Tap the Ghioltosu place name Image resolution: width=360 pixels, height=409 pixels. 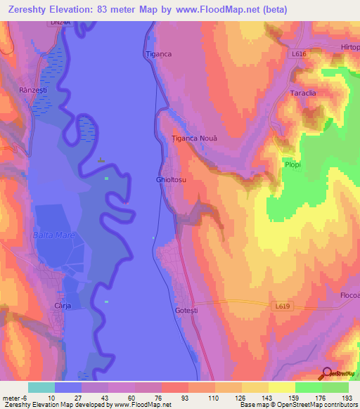(171, 180)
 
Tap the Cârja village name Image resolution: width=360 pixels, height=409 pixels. (64, 306)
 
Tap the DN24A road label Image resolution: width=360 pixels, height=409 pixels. (60, 24)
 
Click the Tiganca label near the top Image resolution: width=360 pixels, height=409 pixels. (158, 53)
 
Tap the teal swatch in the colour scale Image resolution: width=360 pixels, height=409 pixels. (41, 387)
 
